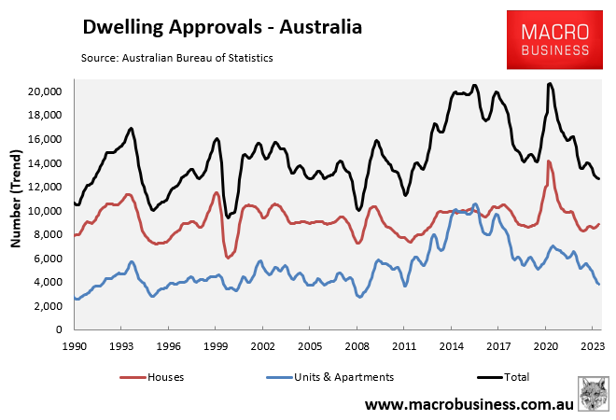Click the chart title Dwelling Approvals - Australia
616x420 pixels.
coord(222,27)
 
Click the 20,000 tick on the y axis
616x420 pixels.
coord(44,91)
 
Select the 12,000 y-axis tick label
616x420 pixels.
coord(44,187)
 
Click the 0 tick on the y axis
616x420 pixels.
coord(58,330)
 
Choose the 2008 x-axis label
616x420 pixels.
coord(357,345)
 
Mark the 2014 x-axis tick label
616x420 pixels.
coord(451,345)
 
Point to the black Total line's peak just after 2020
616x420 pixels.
coord(550,84)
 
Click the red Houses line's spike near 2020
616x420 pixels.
coord(549,161)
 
